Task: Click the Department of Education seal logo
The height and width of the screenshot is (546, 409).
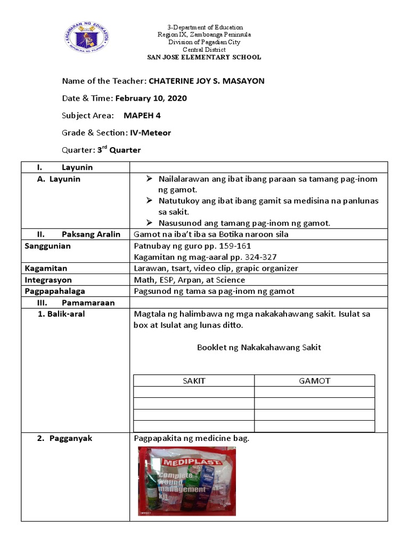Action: [89, 36]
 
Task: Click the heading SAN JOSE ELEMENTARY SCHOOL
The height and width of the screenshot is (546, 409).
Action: [205, 57]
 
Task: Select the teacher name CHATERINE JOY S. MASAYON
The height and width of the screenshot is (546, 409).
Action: [206, 81]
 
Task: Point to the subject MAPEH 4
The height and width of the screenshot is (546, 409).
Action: [142, 116]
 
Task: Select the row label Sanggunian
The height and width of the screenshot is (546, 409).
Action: [48, 246]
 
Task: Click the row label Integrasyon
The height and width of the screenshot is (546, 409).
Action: [48, 280]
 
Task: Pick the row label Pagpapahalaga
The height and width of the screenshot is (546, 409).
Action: [55, 291]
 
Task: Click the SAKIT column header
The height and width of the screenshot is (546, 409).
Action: [194, 381]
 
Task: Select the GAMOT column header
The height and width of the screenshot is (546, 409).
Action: [314, 381]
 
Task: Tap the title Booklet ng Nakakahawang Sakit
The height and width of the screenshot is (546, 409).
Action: [259, 348]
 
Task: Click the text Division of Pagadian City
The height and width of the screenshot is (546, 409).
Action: [205, 42]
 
